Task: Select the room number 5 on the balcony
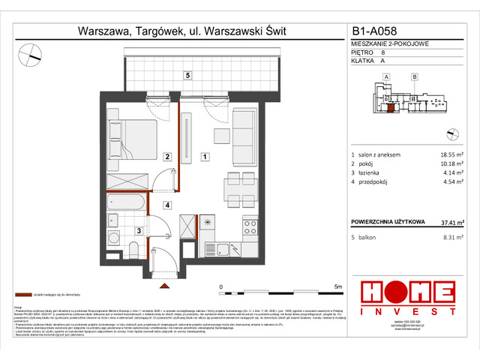tap(189, 74)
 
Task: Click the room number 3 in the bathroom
tap(139, 230)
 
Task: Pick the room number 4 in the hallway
tap(168, 205)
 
